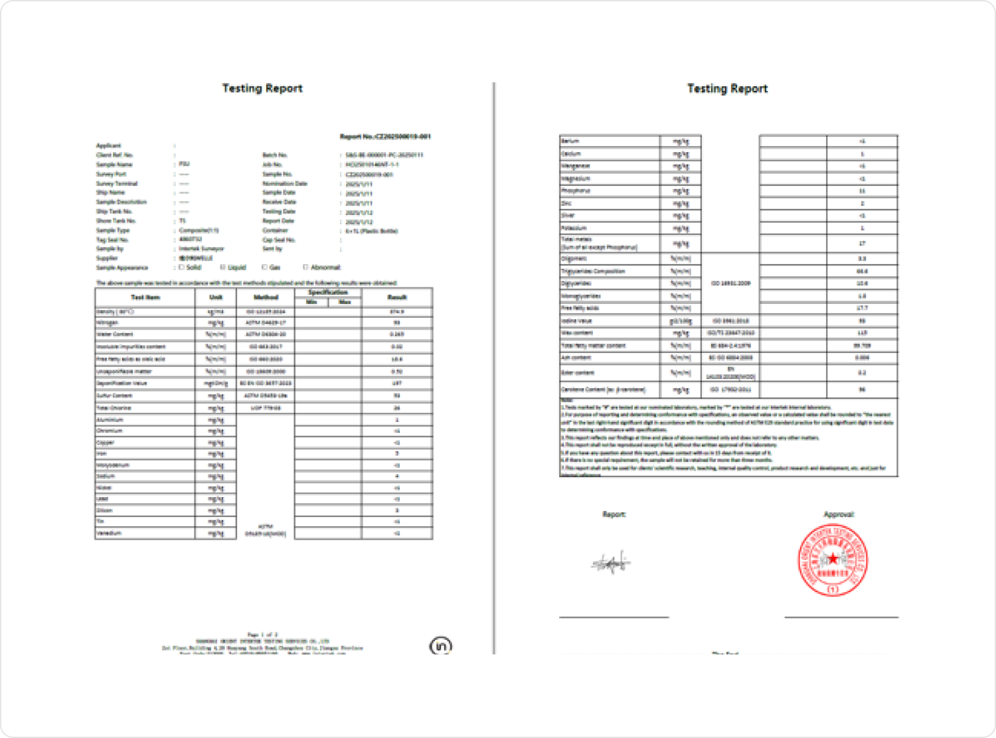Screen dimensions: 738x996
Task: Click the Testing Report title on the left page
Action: (262, 88)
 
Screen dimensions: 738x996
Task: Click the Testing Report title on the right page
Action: (727, 88)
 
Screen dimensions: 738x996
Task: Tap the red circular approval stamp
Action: (833, 559)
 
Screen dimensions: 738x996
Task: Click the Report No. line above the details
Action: (385, 137)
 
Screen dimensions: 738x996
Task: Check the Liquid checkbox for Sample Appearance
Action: (223, 267)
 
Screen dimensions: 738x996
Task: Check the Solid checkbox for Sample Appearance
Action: (181, 267)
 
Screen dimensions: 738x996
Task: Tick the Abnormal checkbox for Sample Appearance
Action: (305, 267)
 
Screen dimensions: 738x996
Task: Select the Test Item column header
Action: (145, 297)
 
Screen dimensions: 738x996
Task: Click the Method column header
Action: (266, 297)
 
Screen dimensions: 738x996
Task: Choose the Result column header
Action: (397, 297)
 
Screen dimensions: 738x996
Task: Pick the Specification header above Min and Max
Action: (328, 292)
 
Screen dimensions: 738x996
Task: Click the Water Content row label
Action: (115, 334)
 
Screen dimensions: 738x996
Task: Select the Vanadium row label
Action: (110, 533)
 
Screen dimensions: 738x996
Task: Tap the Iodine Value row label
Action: (576, 321)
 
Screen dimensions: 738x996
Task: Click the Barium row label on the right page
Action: (570, 141)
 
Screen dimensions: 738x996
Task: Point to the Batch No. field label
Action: (275, 155)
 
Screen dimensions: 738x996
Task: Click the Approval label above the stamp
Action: (839, 514)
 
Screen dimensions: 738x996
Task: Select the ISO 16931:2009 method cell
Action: (730, 283)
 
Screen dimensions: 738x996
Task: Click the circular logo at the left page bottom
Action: (441, 646)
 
